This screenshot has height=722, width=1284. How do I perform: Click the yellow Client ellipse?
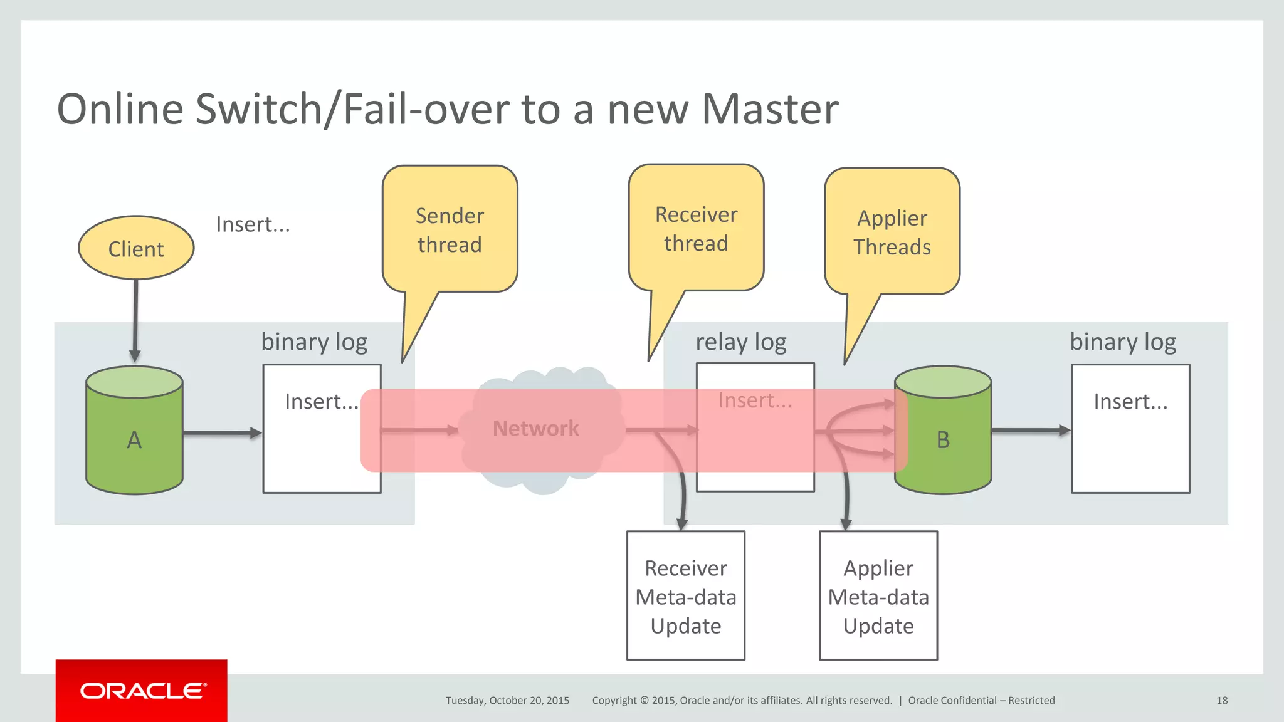tap(136, 248)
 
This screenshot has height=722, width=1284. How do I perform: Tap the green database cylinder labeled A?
tap(134, 439)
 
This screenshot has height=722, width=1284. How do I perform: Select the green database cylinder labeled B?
tap(943, 439)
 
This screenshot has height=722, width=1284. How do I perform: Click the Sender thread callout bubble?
tap(450, 230)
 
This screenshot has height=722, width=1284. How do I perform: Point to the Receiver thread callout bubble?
tap(696, 229)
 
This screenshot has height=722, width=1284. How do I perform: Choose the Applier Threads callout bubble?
tap(892, 232)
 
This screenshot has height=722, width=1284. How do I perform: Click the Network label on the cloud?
tap(535, 428)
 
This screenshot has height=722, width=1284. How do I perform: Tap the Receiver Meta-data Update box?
tap(685, 596)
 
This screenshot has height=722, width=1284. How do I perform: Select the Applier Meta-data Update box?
tap(878, 596)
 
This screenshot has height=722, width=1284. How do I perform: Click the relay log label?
tap(740, 342)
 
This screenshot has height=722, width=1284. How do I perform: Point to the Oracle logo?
tap(142, 691)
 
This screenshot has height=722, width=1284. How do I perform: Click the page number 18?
tap(1221, 701)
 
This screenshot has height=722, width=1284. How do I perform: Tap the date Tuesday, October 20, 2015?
tap(507, 701)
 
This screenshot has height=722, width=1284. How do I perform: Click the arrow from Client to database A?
tap(135, 320)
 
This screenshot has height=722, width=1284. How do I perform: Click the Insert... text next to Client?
tap(253, 224)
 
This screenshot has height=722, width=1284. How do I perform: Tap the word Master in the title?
tap(769, 109)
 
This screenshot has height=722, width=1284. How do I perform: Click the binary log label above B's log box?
tap(1122, 342)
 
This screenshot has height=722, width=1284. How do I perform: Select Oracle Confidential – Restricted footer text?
tap(981, 701)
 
